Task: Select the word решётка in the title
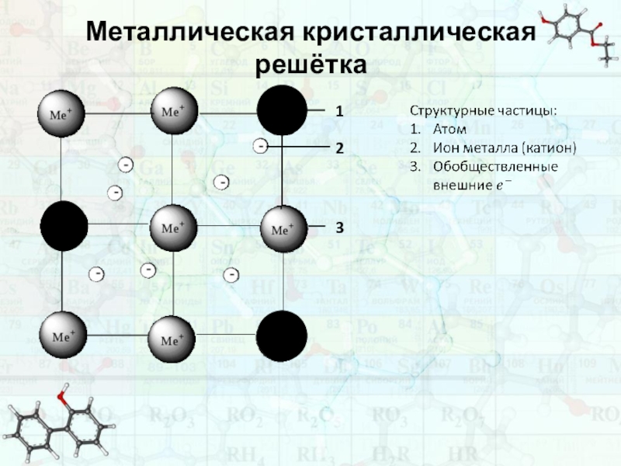(x=310, y=64)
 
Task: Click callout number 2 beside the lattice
(x=339, y=147)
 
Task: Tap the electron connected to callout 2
(x=261, y=145)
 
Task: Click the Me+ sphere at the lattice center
(x=172, y=228)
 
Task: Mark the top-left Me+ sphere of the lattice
(x=62, y=113)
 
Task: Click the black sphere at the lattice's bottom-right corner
(x=281, y=336)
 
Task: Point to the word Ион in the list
(x=446, y=148)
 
